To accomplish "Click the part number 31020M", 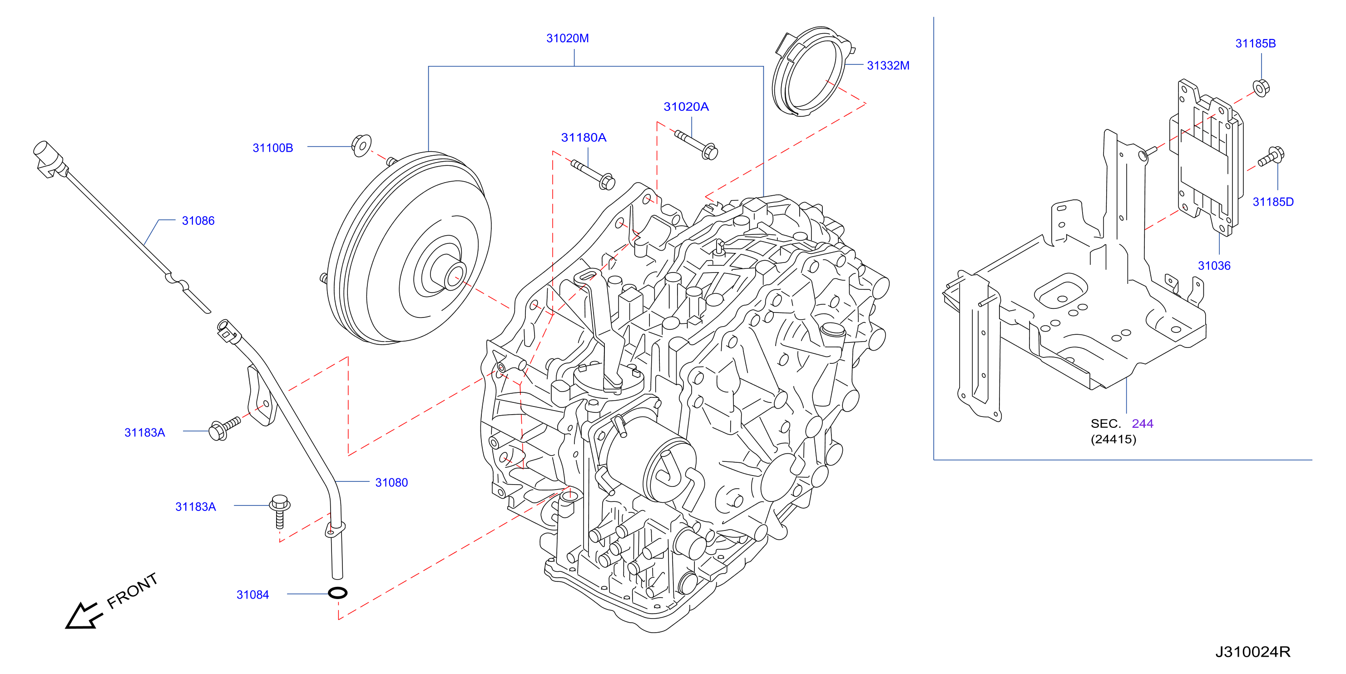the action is (x=568, y=38).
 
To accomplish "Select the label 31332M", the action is (x=888, y=65).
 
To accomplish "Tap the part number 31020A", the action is (x=686, y=107).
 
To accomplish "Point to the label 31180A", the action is (x=584, y=138).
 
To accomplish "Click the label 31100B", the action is (x=273, y=148).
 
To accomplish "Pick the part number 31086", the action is (x=198, y=220).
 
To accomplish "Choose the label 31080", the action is (x=391, y=482).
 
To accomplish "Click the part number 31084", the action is (x=252, y=595).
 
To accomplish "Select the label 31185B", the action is (x=1255, y=43).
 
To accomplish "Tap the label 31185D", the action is (x=1273, y=202).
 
